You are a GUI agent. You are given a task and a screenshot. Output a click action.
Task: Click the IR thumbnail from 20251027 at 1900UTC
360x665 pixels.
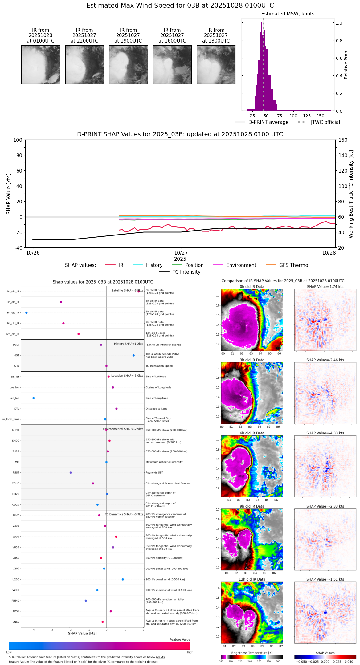pyautogui.click(x=128, y=64)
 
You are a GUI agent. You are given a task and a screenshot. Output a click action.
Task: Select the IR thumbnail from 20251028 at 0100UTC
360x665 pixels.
pyautogui.click(x=41, y=64)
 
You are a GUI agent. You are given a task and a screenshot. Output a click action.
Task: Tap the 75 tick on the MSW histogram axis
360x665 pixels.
pyautogui.click(x=280, y=116)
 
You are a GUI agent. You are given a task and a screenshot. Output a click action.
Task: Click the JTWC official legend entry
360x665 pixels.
pyautogui.click(x=325, y=122)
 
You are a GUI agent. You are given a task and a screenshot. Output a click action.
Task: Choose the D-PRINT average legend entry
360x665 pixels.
pyautogui.click(x=268, y=122)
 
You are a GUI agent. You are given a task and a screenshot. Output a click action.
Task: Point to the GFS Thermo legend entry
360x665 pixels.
pyautogui.click(x=293, y=265)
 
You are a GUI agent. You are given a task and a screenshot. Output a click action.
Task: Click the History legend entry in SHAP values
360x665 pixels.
pyautogui.click(x=154, y=265)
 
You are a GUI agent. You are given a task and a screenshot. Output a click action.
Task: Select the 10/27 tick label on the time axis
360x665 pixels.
pyautogui.click(x=181, y=253)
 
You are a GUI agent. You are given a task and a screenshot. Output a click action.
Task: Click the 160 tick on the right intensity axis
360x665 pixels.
pyautogui.click(x=343, y=140)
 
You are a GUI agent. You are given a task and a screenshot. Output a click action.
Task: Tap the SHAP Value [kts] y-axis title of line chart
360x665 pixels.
pyautogui.click(x=9, y=194)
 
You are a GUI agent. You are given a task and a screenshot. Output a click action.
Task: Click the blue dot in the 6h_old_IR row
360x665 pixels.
pyautogui.click(x=27, y=313)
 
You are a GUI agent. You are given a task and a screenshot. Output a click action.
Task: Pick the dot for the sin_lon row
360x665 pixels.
pyautogui.click(x=34, y=398)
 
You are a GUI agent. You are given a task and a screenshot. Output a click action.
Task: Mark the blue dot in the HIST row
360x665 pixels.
pyautogui.click(x=133, y=355)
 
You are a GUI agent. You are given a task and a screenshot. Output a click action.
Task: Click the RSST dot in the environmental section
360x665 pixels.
pyautogui.click(x=71, y=473)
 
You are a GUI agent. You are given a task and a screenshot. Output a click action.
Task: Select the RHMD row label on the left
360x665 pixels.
pyautogui.click(x=15, y=601)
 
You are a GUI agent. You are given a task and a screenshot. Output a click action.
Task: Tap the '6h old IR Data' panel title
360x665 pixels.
pyautogui.click(x=252, y=433)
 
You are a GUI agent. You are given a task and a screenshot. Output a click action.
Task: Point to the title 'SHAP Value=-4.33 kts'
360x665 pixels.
pyautogui.click(x=325, y=433)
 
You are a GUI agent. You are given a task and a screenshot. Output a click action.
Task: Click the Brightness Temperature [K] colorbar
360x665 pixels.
pyautogui.click(x=252, y=657)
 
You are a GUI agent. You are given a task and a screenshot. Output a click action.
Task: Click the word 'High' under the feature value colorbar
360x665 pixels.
pyautogui.click(x=190, y=652)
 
